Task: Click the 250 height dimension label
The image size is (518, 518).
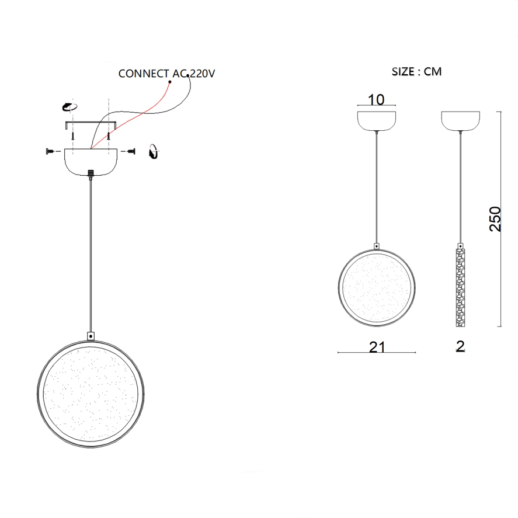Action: (x=495, y=219)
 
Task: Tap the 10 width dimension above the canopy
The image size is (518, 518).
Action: (x=376, y=100)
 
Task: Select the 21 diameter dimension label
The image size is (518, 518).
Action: (x=377, y=347)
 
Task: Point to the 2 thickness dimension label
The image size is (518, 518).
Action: (x=461, y=346)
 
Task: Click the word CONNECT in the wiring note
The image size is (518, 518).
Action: (x=144, y=74)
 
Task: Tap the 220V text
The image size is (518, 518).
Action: (x=203, y=74)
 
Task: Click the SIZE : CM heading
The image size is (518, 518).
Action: (x=416, y=72)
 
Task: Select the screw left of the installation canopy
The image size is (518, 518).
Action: (x=50, y=151)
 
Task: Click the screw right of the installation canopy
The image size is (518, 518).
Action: (x=131, y=151)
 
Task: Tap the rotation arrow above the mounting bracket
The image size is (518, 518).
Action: (x=69, y=107)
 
